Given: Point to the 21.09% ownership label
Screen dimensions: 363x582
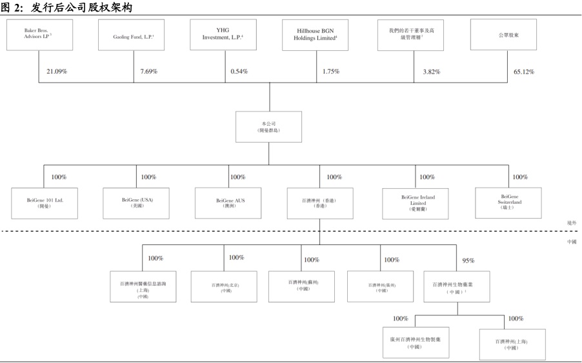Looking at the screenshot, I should click(x=57, y=71).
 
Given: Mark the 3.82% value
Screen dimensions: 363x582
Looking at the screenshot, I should click(x=431, y=72).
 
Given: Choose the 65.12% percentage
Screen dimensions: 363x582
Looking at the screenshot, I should click(x=523, y=71).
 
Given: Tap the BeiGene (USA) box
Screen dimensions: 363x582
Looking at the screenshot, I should click(x=137, y=204).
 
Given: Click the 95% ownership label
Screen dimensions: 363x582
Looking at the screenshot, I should click(x=468, y=261).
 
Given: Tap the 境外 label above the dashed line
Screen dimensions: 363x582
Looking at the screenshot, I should click(x=571, y=222).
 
